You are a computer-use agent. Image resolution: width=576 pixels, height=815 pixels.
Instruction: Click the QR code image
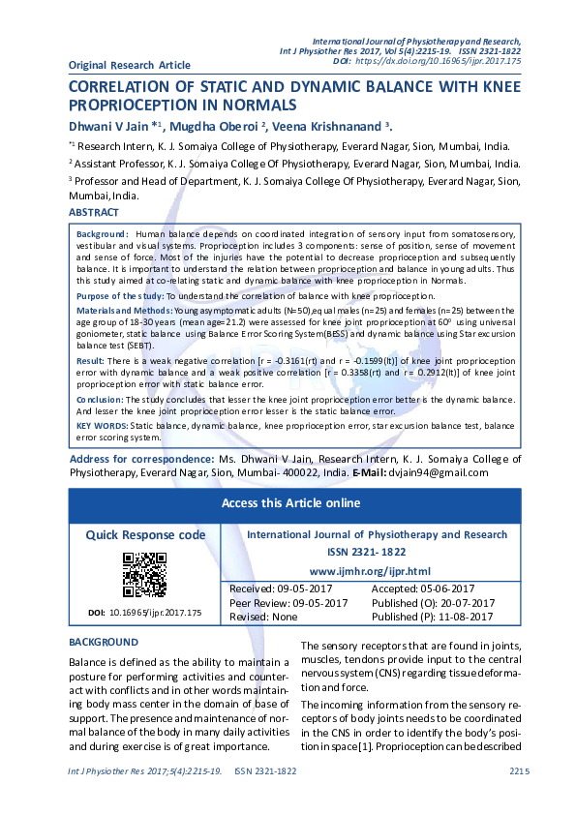click(144, 574)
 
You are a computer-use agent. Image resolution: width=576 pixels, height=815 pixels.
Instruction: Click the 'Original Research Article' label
click(130, 65)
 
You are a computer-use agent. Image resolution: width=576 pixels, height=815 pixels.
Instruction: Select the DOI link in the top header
click(440, 60)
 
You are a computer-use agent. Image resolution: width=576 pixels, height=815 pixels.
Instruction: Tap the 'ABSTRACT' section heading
click(94, 213)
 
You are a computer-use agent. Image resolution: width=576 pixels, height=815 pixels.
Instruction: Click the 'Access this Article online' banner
click(290, 503)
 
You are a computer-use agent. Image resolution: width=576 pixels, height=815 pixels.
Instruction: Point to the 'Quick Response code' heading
click(145, 534)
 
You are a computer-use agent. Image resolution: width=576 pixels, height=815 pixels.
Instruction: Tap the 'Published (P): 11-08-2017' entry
click(433, 617)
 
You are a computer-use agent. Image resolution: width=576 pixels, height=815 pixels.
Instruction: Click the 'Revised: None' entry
click(262, 617)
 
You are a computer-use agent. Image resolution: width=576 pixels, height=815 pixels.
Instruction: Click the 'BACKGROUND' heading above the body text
click(104, 642)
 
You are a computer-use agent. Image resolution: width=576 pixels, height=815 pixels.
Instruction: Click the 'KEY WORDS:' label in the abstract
click(102, 425)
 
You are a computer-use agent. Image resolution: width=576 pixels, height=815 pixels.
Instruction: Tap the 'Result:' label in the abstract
click(90, 359)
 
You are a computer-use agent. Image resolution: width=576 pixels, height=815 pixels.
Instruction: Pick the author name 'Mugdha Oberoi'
click(215, 126)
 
